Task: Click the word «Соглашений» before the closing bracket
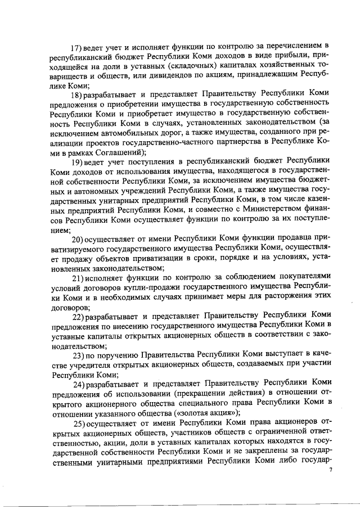(117, 153)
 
